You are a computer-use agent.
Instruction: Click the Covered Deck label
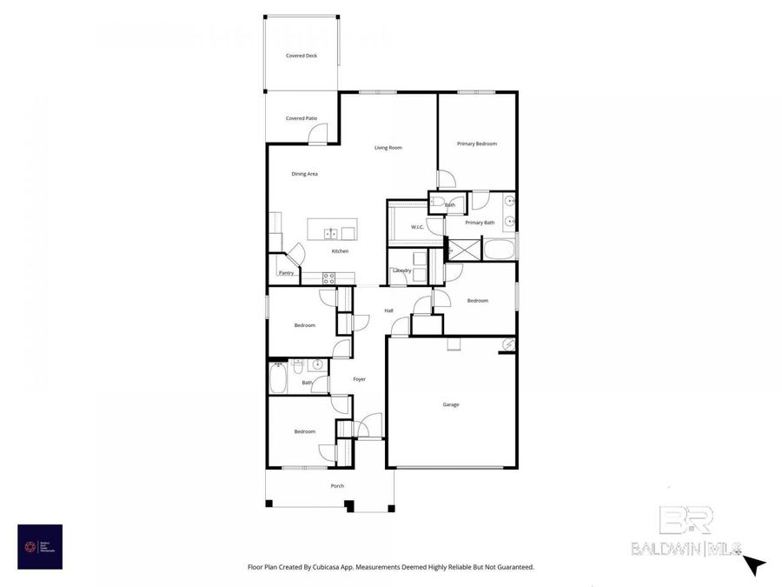coord(302,56)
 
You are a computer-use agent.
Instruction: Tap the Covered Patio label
coord(302,118)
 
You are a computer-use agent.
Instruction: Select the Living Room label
coord(388,148)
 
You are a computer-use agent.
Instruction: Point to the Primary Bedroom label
coord(477,143)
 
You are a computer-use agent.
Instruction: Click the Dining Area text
coord(304,174)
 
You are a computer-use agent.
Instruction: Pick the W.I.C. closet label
coord(417,228)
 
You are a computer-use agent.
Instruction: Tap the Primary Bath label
coord(480,223)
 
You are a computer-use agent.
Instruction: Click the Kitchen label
coord(340,251)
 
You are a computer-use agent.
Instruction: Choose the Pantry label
coord(286,273)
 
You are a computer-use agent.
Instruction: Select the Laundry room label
coord(401,270)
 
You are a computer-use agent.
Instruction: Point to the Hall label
coord(389,310)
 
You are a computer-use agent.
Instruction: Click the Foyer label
coord(359,379)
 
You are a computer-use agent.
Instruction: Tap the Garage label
coord(451,404)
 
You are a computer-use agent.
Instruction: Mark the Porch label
coord(337,486)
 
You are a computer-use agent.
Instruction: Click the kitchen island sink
coord(331,233)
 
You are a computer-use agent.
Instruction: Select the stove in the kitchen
coord(329,278)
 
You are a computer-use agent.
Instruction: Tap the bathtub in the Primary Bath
coord(499,252)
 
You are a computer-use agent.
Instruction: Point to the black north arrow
coord(755,565)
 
